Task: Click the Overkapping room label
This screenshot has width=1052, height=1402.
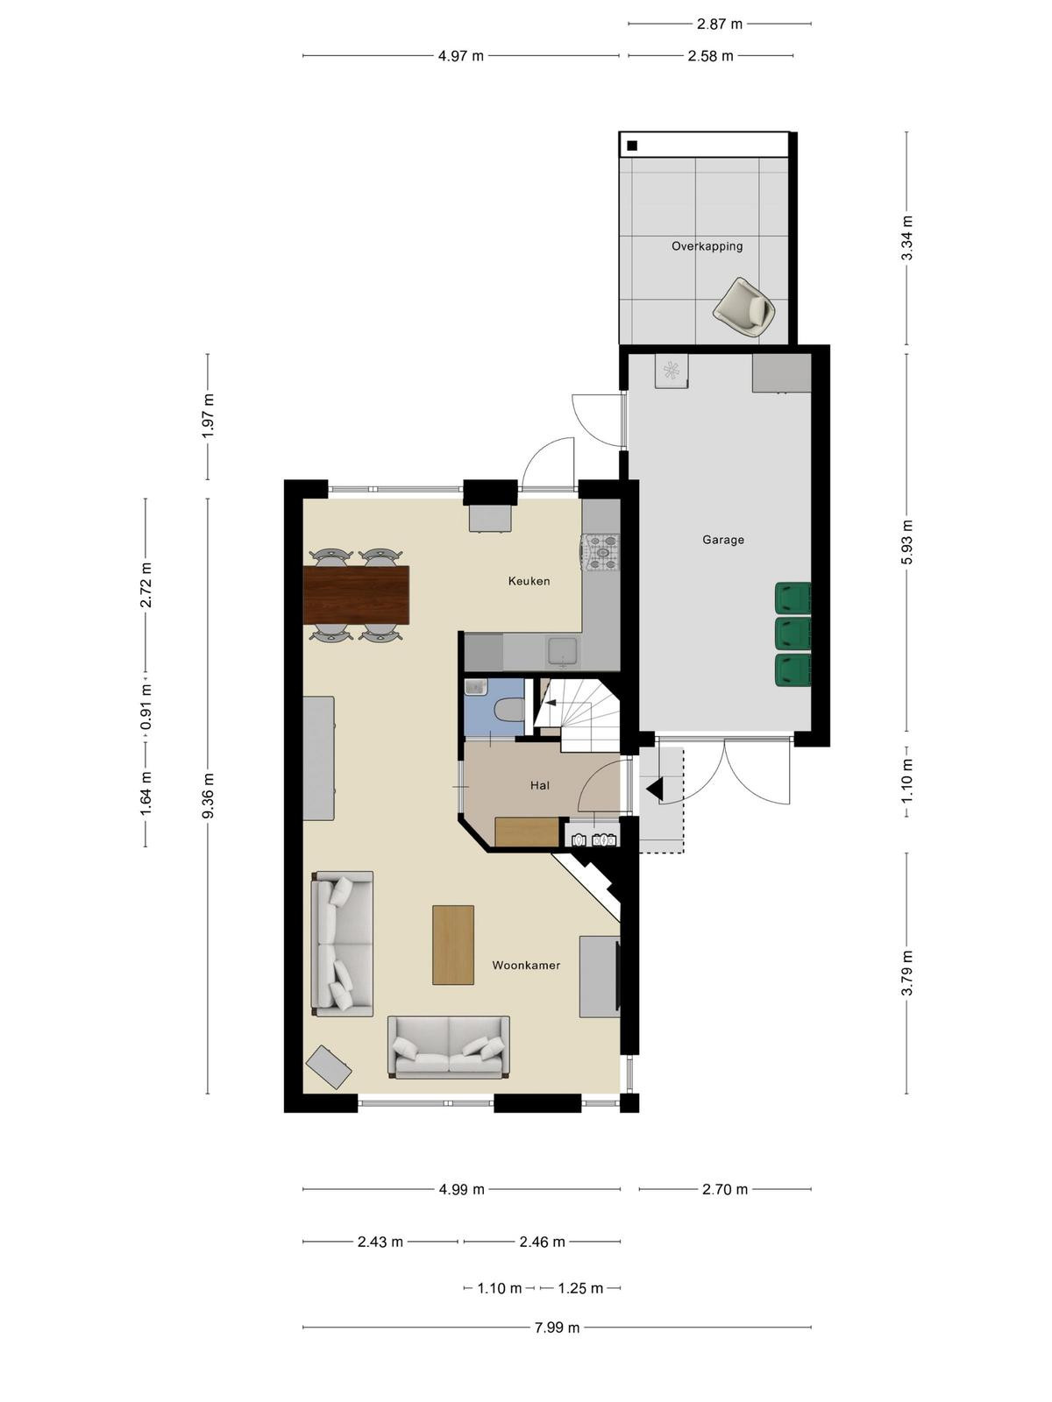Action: pyautogui.click(x=707, y=246)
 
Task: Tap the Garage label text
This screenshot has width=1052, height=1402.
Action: pyautogui.click(x=723, y=540)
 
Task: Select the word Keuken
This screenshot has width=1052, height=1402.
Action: pyautogui.click(x=529, y=581)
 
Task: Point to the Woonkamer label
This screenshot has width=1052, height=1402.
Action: pyautogui.click(x=526, y=965)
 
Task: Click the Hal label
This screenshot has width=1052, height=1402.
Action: pyautogui.click(x=540, y=786)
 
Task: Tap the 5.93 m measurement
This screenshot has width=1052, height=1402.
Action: pyautogui.click(x=907, y=542)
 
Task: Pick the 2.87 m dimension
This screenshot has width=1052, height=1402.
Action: pyautogui.click(x=719, y=25)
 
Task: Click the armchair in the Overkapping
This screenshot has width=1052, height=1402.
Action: pyautogui.click(x=744, y=307)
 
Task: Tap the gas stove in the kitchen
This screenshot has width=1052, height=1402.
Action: pyautogui.click(x=601, y=551)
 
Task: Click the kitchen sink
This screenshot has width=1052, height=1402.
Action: pyautogui.click(x=563, y=652)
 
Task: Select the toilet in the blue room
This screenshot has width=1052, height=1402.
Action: pyautogui.click(x=509, y=709)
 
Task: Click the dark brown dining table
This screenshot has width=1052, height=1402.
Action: pyautogui.click(x=356, y=595)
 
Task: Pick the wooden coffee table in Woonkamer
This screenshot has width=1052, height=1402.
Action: pyautogui.click(x=453, y=945)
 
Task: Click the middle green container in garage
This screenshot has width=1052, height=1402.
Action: pyautogui.click(x=793, y=634)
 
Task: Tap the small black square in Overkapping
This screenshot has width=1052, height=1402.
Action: pyautogui.click(x=632, y=145)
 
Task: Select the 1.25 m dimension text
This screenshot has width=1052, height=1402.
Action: pyautogui.click(x=580, y=1288)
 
